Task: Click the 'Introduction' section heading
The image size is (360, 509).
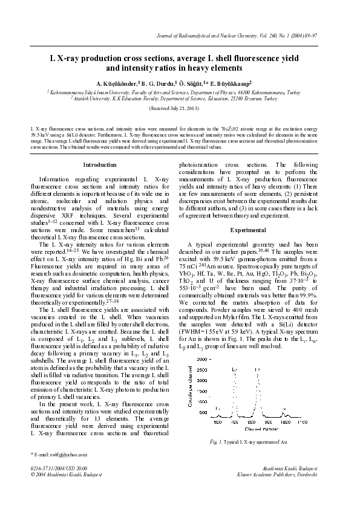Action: pyautogui.click(x=99, y=164)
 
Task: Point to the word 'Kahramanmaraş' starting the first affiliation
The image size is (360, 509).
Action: pyautogui.click(x=66, y=92)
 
